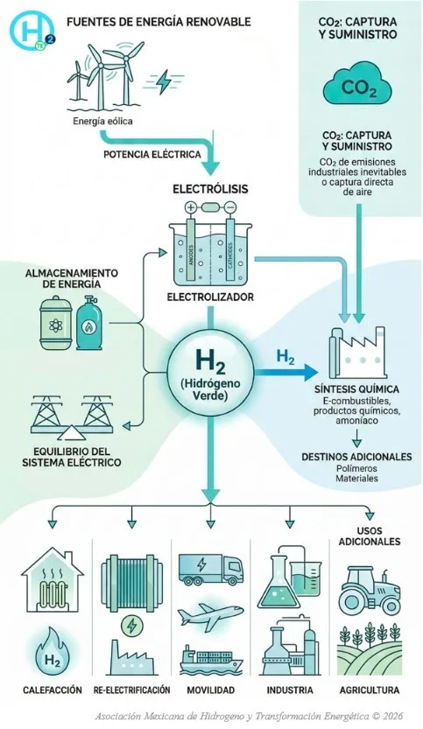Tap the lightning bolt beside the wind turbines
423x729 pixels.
pos(164,82)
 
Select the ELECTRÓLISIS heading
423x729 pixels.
pos(210,189)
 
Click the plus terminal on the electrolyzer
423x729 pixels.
pos(190,207)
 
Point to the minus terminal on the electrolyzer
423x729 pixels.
pos(230,207)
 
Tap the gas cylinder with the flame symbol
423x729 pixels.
pos(88,323)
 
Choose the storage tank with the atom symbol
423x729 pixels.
pos(55,324)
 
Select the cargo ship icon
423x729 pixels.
pos(211,659)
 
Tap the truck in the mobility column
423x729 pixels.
pos(210,570)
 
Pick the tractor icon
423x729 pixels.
pos(369,590)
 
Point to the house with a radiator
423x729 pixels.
pos(53,579)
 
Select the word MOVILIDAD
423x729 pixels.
pos(210,690)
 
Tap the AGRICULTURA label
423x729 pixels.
pos(370,690)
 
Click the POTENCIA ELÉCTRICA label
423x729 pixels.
pos(152,154)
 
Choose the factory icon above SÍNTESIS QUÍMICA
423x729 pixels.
pos(357,353)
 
